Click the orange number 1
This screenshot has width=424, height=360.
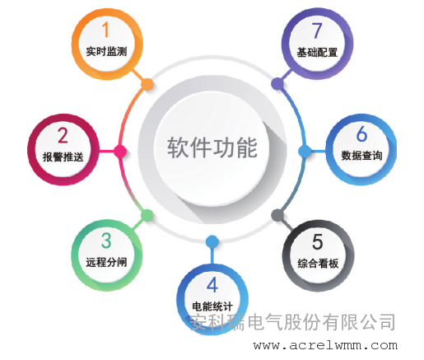[x=105, y=30]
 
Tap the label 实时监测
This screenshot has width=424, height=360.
[x=106, y=51]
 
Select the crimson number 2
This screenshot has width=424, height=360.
[x=63, y=135]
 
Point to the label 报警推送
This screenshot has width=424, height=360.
[x=63, y=157]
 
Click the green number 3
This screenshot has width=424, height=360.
[x=106, y=241]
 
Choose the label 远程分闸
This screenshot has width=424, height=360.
[x=106, y=262]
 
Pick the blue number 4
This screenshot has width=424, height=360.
[x=212, y=285]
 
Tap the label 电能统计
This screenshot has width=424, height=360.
[x=212, y=306]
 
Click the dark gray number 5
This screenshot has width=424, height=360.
[x=318, y=241]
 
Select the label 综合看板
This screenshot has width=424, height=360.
[x=318, y=264]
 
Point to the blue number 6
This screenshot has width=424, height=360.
[x=361, y=133]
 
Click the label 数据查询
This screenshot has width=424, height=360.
[x=361, y=156]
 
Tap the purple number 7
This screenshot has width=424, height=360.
[x=317, y=30]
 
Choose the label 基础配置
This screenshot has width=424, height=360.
[x=317, y=52]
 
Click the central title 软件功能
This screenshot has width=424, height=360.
[x=212, y=147]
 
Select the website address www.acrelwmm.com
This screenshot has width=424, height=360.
[x=325, y=345]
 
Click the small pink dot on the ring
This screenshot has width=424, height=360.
[x=120, y=152]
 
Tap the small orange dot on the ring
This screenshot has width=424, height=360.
[x=147, y=84]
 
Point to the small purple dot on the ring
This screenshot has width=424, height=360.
[x=277, y=84]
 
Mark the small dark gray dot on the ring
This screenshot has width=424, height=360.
[x=277, y=215]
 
